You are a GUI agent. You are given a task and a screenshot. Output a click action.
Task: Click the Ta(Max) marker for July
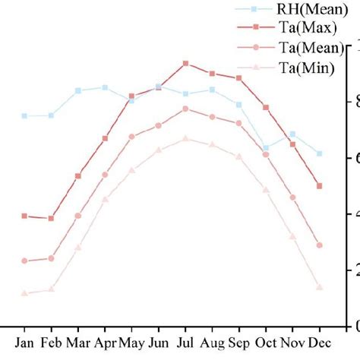click(185, 63)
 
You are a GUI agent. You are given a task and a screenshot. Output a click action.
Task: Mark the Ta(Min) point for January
click(24, 292)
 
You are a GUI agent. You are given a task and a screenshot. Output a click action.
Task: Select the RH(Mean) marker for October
click(266, 148)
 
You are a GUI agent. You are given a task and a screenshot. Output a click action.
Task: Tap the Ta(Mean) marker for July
click(185, 109)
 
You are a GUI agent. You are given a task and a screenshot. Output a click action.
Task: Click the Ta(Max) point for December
click(320, 185)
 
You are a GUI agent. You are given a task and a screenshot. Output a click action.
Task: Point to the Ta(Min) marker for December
click(320, 286)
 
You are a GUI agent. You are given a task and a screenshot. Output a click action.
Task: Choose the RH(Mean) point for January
click(24, 116)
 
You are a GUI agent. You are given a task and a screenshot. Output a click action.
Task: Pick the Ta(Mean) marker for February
click(51, 258)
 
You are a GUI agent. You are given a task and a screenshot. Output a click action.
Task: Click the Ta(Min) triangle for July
click(185, 138)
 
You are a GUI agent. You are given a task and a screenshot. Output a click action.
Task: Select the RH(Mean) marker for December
click(320, 153)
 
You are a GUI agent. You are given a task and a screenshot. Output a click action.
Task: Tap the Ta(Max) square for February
click(51, 218)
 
